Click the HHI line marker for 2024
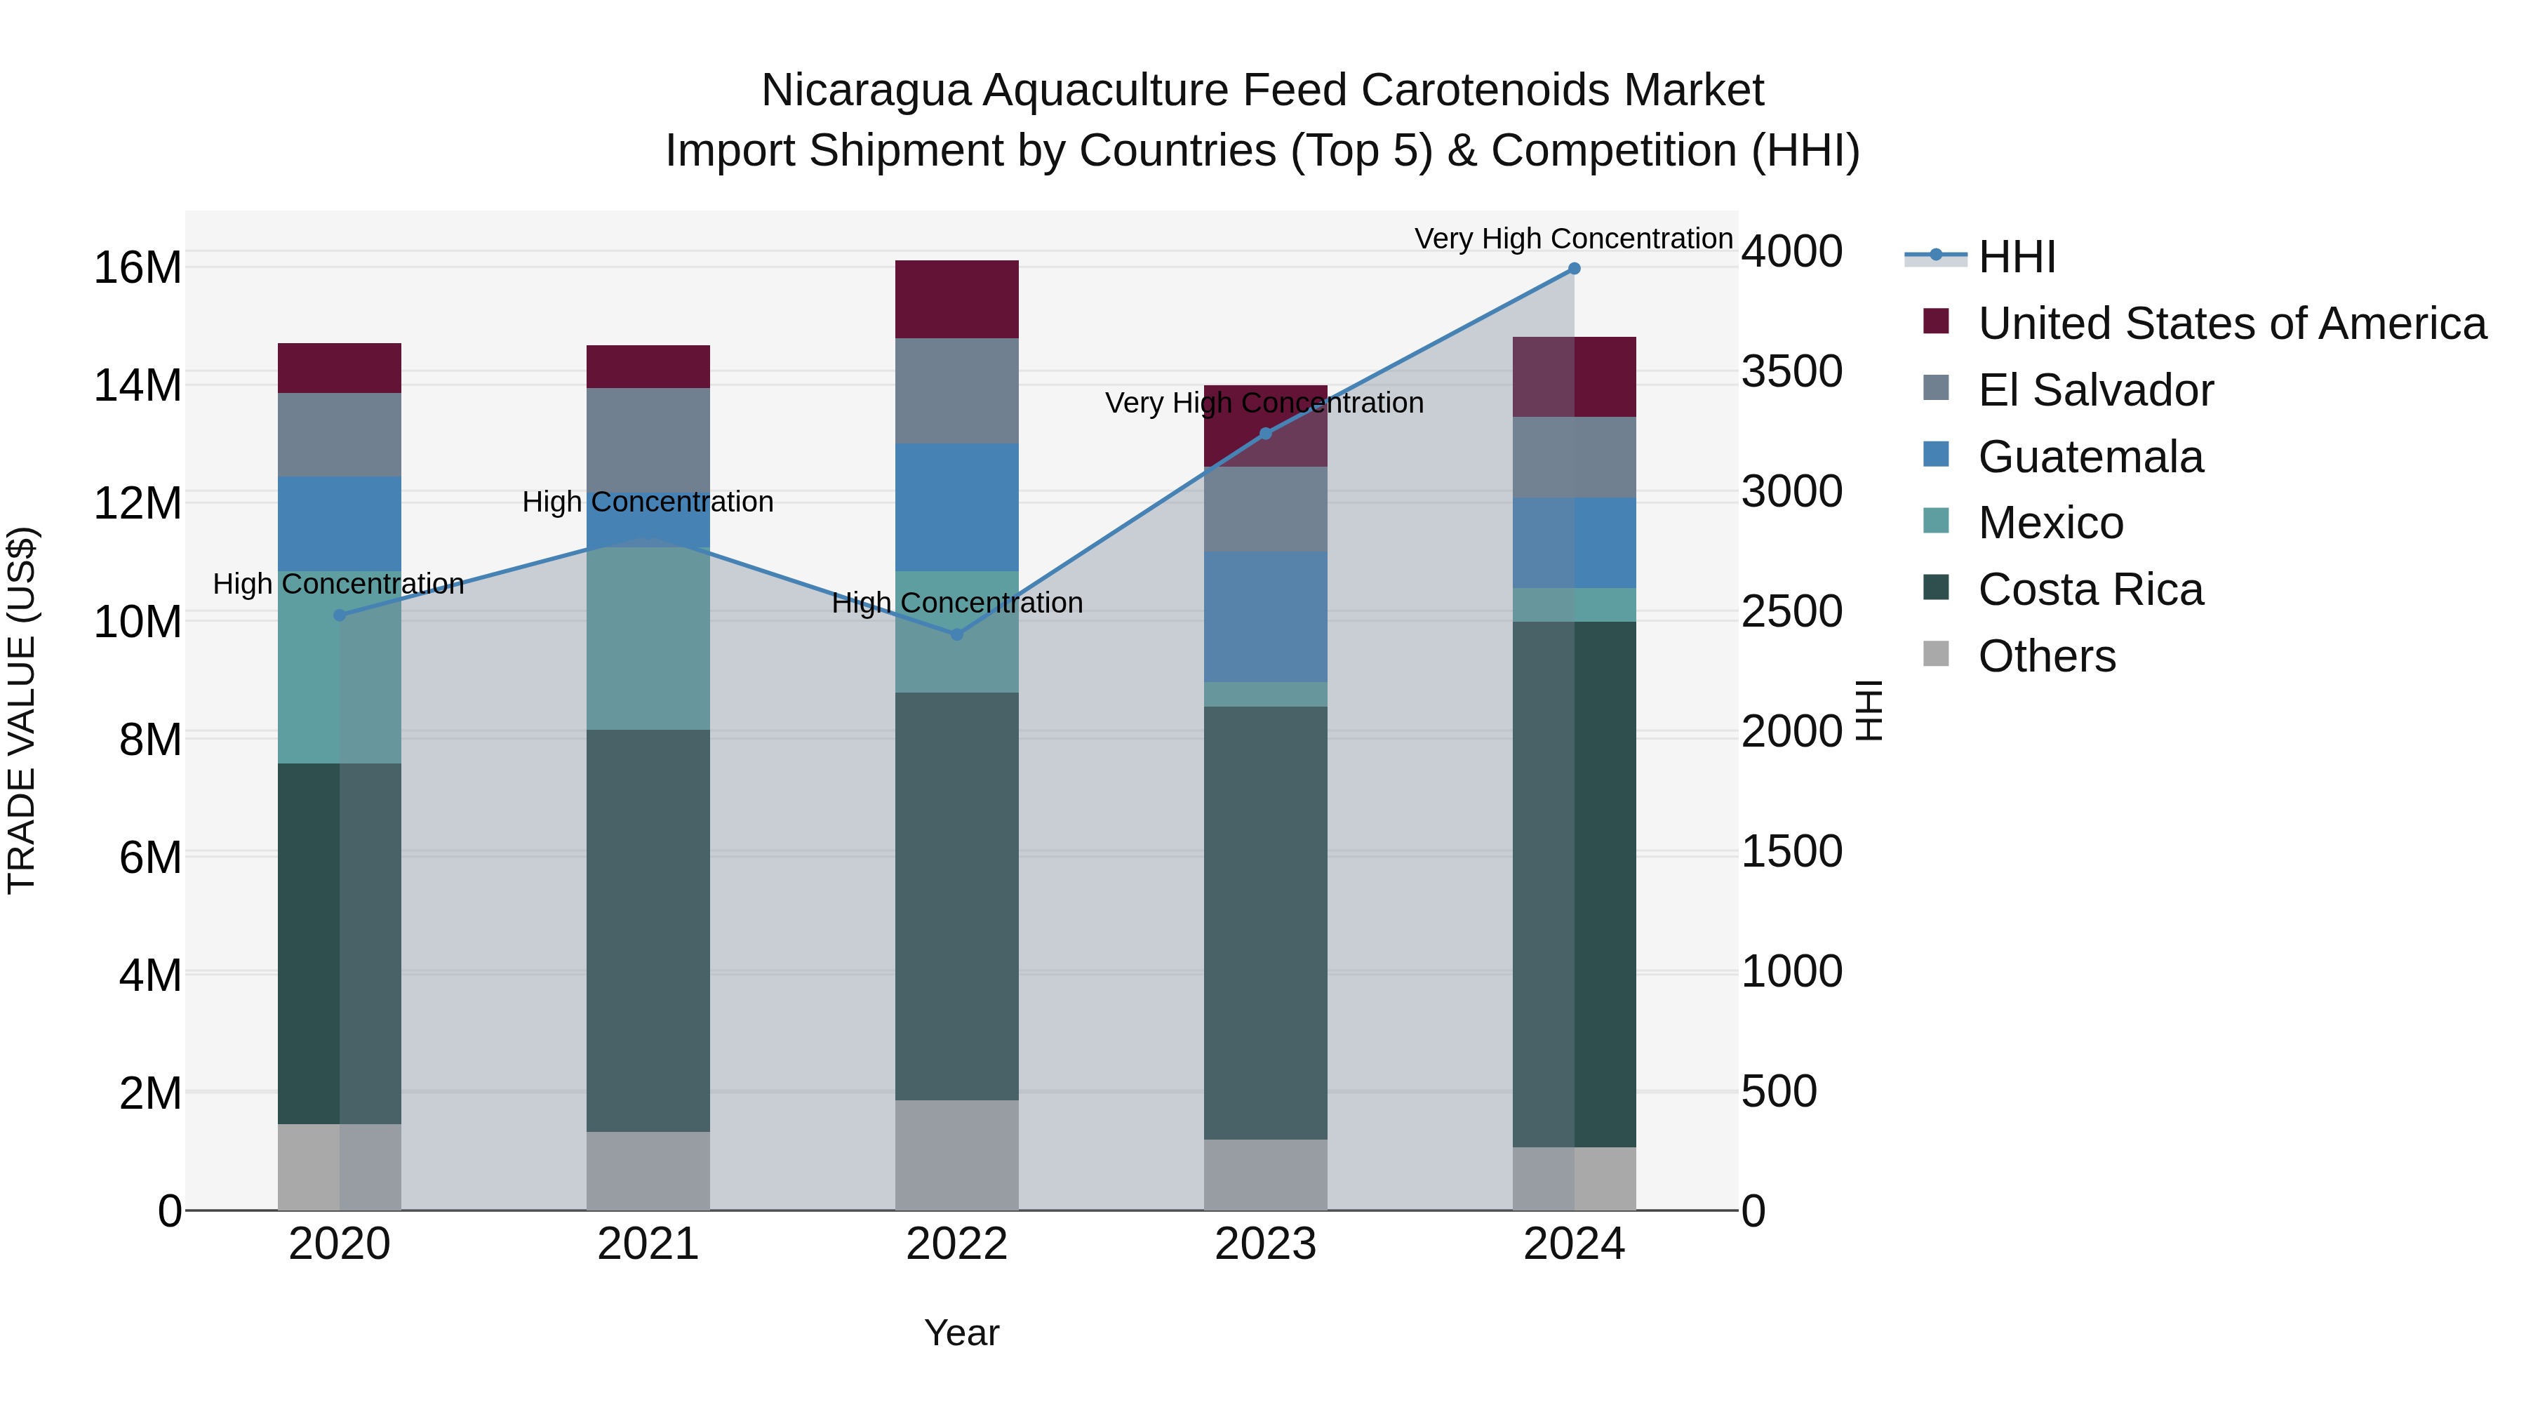1574,269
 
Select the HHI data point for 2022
957,634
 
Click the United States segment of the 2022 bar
957,299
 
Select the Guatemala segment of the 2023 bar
1265,616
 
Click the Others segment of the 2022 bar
957,1154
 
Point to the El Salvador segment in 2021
648,439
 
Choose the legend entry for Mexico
2050,523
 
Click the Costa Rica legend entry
2090,589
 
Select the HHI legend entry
2015,257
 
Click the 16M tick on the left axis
138,268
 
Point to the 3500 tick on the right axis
1791,372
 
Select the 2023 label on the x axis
1265,1244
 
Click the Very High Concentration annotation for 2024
1573,239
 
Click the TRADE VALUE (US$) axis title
22,710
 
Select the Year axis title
961,1333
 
